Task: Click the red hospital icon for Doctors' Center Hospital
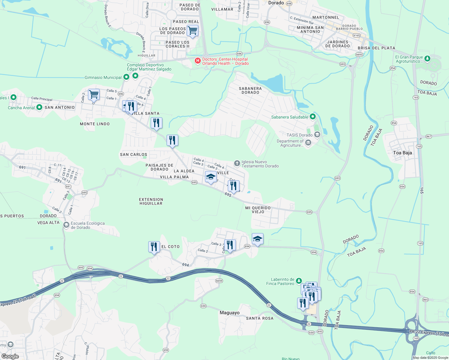pyautogui.click(x=198, y=61)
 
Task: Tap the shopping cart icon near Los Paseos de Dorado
pyautogui.click(x=192, y=31)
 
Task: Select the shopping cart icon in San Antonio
pyautogui.click(x=94, y=94)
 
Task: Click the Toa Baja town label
pyautogui.click(x=402, y=153)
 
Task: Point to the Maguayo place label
pyautogui.click(x=230, y=313)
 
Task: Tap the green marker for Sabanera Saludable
pyautogui.click(x=313, y=116)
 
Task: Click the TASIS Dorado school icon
pyautogui.click(x=317, y=135)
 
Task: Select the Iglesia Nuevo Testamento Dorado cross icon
pyautogui.click(x=237, y=163)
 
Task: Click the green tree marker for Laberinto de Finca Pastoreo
pyautogui.click(x=299, y=281)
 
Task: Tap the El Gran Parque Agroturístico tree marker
pyautogui.click(x=427, y=58)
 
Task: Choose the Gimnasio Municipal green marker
pyautogui.click(x=126, y=77)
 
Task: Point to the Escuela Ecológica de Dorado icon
pyautogui.click(x=66, y=225)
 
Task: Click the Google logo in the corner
pyautogui.click(x=10, y=356)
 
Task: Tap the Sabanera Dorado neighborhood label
pyautogui.click(x=250, y=90)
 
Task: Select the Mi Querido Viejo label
pyautogui.click(x=258, y=210)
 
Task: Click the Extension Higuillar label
pyautogui.click(x=151, y=201)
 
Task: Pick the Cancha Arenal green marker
pyautogui.click(x=39, y=107)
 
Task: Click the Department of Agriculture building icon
pyautogui.click(x=308, y=143)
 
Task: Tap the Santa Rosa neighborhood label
pyautogui.click(x=260, y=318)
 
